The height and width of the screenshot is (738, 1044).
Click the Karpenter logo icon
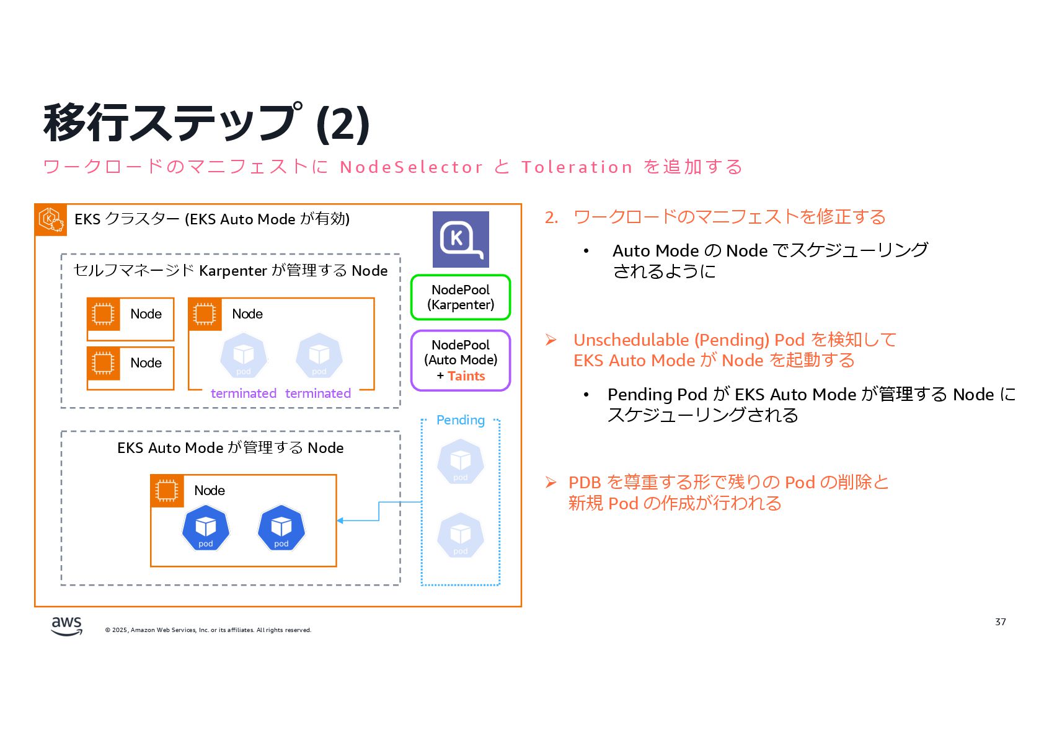[461, 239]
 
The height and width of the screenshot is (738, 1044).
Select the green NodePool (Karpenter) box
[461, 297]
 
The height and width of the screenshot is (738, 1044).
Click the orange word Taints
[466, 376]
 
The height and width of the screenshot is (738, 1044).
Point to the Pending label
[460, 420]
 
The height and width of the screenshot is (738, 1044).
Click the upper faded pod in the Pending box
[460, 462]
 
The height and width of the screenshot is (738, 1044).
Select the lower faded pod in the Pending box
[460, 535]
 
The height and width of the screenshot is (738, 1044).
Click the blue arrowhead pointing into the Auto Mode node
[340, 521]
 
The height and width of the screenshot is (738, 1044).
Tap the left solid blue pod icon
[206, 528]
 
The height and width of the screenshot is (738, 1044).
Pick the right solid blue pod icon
[281, 528]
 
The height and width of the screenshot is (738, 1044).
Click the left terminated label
[244, 393]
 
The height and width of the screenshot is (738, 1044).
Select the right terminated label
[318, 393]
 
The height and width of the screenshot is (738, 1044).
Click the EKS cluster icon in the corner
[51, 219]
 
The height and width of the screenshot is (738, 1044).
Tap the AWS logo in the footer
[66, 626]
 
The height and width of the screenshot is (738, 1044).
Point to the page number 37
[1000, 622]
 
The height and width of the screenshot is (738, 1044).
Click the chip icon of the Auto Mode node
[167, 491]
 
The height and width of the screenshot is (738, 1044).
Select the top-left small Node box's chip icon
[103, 314]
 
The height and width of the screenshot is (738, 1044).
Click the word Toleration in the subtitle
[577, 167]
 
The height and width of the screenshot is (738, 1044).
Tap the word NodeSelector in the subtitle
[411, 167]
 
